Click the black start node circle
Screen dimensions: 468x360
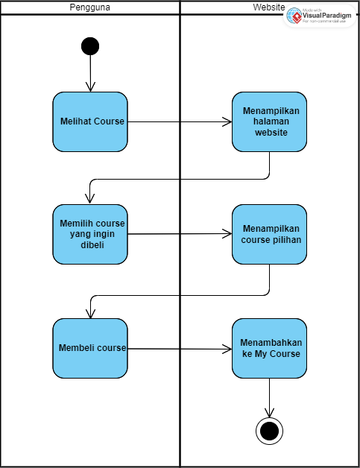tap(90, 46)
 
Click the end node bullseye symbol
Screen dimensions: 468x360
tap(269, 430)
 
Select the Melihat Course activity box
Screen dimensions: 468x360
tap(90, 121)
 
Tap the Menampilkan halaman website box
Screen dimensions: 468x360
tap(269, 121)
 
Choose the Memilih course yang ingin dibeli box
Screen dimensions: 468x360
tap(90, 234)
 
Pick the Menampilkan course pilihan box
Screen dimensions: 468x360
tap(269, 234)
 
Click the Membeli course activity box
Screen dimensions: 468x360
tap(90, 348)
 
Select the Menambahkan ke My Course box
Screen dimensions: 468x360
tap(269, 348)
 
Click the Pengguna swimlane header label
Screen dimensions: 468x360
tap(90, 7)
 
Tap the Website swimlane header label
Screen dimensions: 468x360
tap(268, 7)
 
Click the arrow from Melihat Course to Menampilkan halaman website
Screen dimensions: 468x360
tap(179, 121)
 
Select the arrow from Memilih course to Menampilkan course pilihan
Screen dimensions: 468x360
tap(179, 233)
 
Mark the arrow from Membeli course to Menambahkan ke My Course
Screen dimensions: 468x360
tap(179, 348)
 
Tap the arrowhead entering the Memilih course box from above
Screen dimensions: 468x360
tap(90, 198)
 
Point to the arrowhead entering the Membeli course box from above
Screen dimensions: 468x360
tap(90, 312)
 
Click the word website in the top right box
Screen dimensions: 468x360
tap(269, 133)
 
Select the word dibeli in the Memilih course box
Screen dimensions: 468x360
tap(93, 244)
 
